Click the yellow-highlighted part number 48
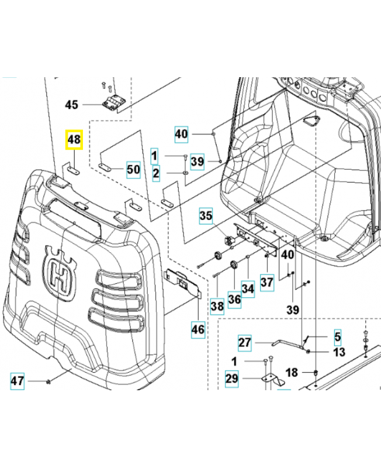coord(74,140)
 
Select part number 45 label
coord(71,105)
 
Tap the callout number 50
coord(133,170)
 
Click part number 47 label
coord(18,382)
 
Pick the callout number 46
coord(198,329)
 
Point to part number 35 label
coord(206,216)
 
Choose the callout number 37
coord(266,283)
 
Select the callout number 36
coord(234,300)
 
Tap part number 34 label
coord(248,288)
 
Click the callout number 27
coord(244,342)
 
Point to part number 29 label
coord(232,378)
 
